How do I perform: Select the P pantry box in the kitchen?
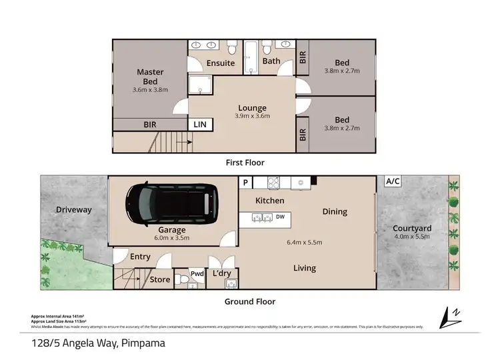(245, 182)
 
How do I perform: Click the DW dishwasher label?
(280, 216)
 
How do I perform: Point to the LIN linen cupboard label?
(199, 125)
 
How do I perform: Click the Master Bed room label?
(150, 77)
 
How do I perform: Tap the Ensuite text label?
(220, 63)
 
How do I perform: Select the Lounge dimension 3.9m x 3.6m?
(252, 116)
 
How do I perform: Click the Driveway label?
(73, 210)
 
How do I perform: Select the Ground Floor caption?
(249, 301)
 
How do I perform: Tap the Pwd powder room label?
(197, 273)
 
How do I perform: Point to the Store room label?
(160, 279)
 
